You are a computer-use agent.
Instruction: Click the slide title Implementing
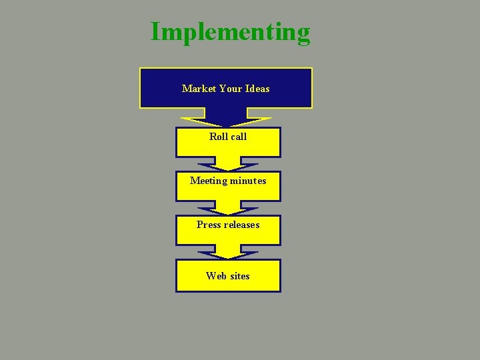(230, 32)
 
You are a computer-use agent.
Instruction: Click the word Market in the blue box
(199, 89)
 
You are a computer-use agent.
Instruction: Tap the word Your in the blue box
(230, 89)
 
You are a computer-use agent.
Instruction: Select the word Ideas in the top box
(257, 89)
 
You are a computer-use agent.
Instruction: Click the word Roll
(218, 137)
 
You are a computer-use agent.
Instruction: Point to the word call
(238, 137)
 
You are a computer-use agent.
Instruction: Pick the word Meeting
(207, 181)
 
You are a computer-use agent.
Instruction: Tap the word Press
(209, 225)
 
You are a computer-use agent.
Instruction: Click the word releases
(242, 225)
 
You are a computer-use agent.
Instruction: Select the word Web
(215, 276)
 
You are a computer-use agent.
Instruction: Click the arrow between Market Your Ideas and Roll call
(227, 120)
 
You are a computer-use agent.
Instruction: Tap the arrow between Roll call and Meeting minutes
(227, 164)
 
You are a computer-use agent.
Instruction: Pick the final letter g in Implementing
(303, 35)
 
